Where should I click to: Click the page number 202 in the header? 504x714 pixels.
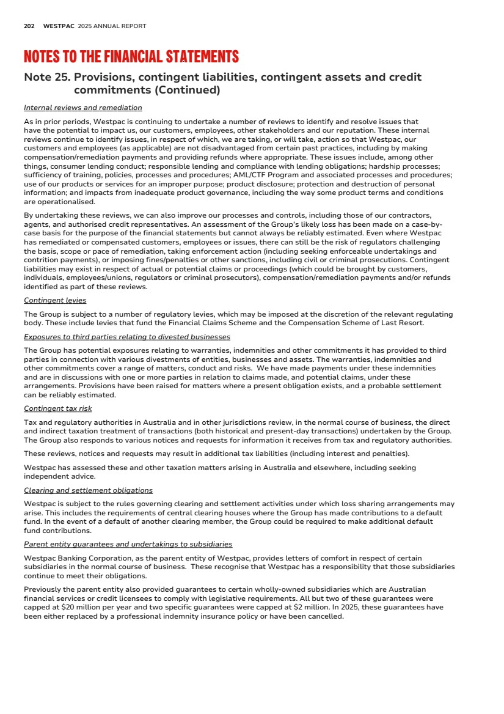29,26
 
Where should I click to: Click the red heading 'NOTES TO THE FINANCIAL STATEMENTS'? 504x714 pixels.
131,57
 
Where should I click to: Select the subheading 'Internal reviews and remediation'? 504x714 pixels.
82,108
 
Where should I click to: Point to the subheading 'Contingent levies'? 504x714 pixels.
55,300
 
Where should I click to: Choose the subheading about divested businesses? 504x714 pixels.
127,337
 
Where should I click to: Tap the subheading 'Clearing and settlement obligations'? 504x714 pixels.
88,490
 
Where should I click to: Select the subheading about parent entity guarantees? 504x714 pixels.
128,544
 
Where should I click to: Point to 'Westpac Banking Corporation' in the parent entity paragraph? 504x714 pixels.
76,558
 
